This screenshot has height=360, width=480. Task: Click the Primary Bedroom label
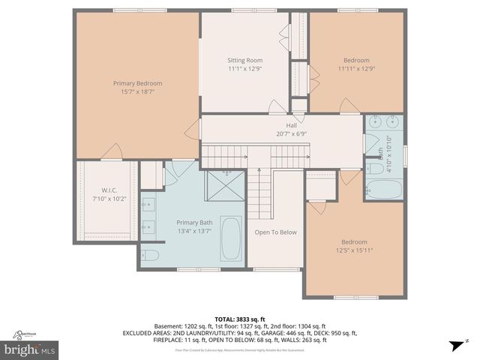pyautogui.click(x=137, y=83)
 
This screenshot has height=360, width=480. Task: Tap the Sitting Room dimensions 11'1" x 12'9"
pyautogui.click(x=244, y=68)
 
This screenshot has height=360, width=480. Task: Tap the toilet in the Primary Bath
pyautogui.click(x=150, y=255)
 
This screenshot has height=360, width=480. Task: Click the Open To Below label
pyautogui.click(x=275, y=232)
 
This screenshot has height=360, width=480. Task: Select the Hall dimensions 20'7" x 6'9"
pyautogui.click(x=291, y=134)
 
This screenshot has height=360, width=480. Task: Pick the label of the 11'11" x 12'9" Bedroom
pyautogui.click(x=356, y=60)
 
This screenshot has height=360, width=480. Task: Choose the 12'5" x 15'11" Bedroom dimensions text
pyautogui.click(x=354, y=250)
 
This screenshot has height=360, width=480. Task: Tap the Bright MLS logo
pyautogui.click(x=31, y=349)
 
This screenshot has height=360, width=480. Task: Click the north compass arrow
pyautogui.click(x=454, y=345)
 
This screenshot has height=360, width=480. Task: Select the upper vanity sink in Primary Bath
pyautogui.click(x=148, y=202)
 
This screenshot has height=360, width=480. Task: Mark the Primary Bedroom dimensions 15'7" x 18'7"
pyautogui.click(x=137, y=91)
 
